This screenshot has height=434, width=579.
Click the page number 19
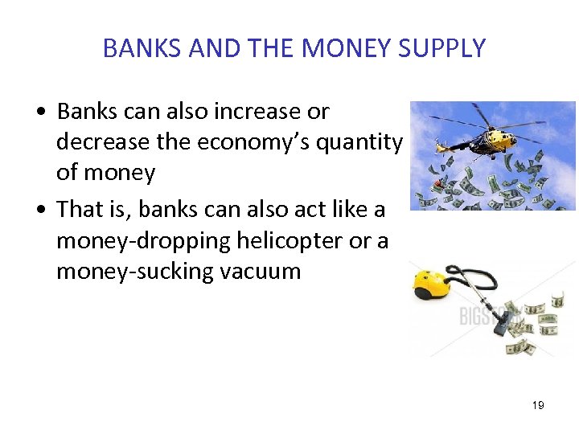point(538,405)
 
